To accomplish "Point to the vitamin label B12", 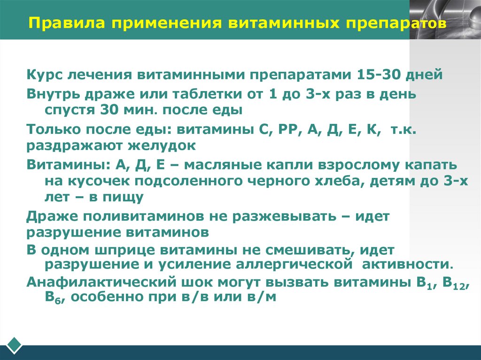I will pos(455,283).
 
